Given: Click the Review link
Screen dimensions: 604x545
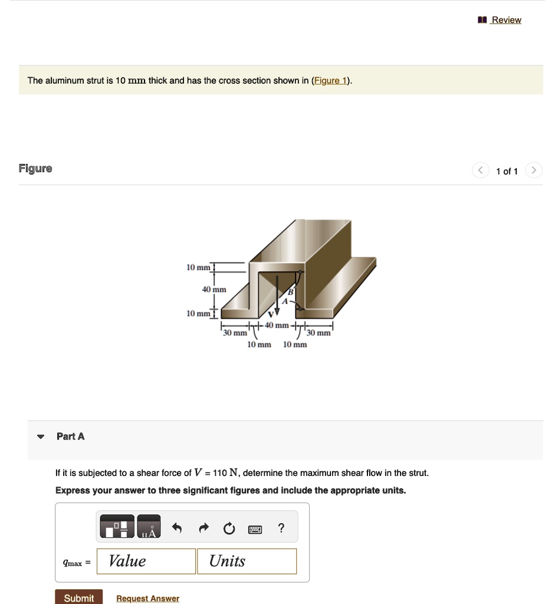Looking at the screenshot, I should pos(505,20).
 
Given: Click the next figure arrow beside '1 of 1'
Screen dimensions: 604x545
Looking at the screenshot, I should pos(533,171).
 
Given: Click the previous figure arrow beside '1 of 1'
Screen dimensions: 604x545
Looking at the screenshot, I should pos(481,171).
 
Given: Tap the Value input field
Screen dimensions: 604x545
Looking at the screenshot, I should pos(146,561).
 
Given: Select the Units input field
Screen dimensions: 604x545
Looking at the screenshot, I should pos(247,561).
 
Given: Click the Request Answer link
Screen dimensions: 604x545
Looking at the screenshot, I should pos(147,598).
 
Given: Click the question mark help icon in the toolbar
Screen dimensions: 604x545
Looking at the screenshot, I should pos(281,528).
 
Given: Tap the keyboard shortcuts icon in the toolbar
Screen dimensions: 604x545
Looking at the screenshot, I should pos(255,528).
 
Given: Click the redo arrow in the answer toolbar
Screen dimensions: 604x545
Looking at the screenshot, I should pos(203,528).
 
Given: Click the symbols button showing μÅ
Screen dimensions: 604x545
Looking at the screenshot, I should pos(149,527).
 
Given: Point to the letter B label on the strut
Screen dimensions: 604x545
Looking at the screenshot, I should pos(290,292).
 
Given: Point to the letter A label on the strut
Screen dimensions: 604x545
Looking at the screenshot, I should pos(284,301).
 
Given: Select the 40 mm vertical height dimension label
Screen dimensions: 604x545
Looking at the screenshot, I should pos(214,290).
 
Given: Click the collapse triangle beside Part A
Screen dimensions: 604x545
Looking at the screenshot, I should pos(40,437).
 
